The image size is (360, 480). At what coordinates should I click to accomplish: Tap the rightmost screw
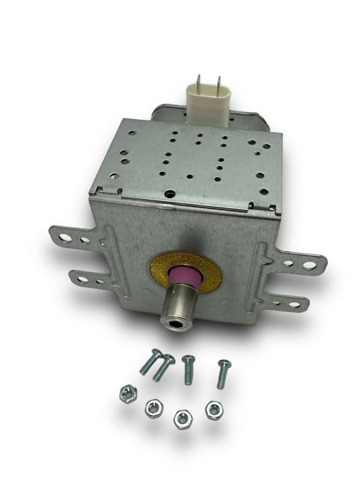[x=222, y=373]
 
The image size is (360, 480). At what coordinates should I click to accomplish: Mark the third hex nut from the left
[x=180, y=415]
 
